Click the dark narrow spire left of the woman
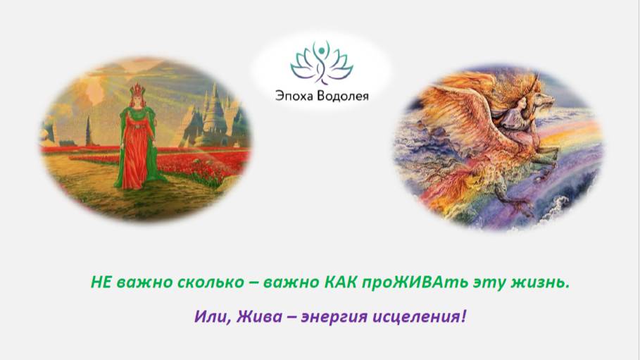tap(87, 130)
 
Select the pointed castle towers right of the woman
tap(211, 113)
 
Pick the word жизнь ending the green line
tap(542, 283)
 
